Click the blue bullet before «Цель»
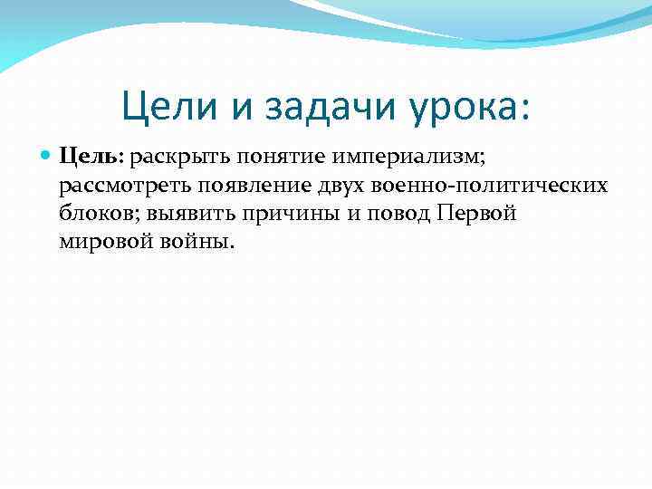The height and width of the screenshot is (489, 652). click(47, 157)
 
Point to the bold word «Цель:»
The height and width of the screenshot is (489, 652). click(92, 158)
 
